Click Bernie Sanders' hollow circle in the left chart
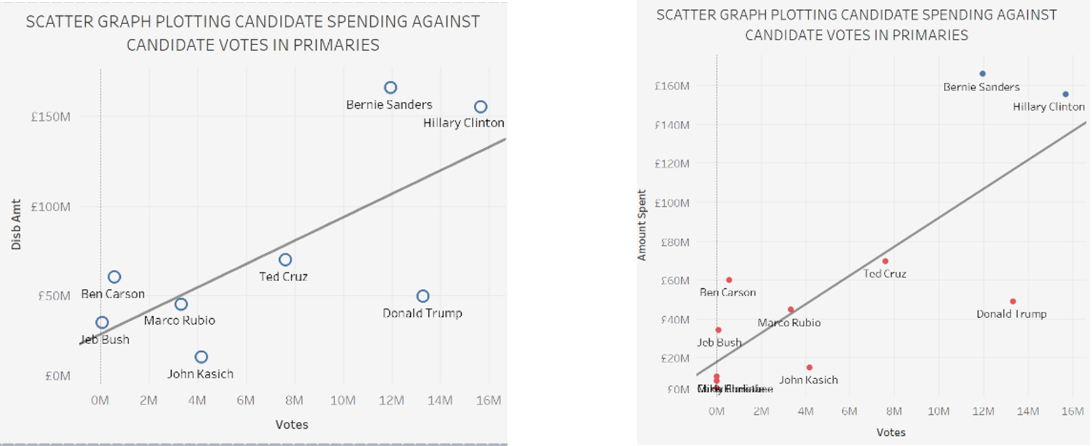pos(390,87)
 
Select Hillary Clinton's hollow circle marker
pos(481,107)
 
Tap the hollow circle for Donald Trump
pos(423,296)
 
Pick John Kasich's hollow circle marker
pos(201,357)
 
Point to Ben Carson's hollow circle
pos(114,277)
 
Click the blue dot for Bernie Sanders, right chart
pos(983,74)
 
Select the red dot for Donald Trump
pos(1013,302)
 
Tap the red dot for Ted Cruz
pos(885,261)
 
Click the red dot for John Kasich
pos(810,368)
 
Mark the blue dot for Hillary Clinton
pos(1066,94)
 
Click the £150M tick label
pos(51,117)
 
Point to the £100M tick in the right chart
pos(672,203)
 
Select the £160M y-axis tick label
pos(672,86)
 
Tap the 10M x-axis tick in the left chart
pos(343,400)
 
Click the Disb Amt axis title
pos(16,224)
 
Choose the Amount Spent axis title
pos(642,225)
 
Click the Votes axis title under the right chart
pos(890,433)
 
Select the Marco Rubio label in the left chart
pos(179,321)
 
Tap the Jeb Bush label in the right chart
pos(719,342)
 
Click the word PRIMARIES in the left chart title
pos(336,45)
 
